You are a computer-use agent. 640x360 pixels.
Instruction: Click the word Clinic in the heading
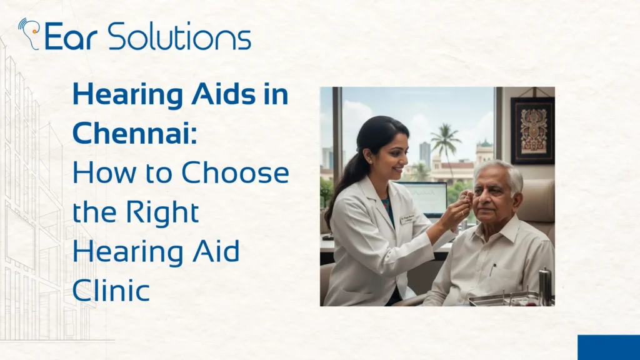[111, 291]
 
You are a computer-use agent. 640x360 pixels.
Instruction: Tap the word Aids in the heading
[204, 95]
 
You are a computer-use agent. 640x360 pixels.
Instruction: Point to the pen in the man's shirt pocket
[493, 269]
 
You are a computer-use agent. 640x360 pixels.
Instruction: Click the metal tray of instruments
[503, 299]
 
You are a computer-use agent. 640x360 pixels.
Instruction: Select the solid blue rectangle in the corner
[608, 347]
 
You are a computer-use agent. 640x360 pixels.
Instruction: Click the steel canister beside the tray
[545, 287]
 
